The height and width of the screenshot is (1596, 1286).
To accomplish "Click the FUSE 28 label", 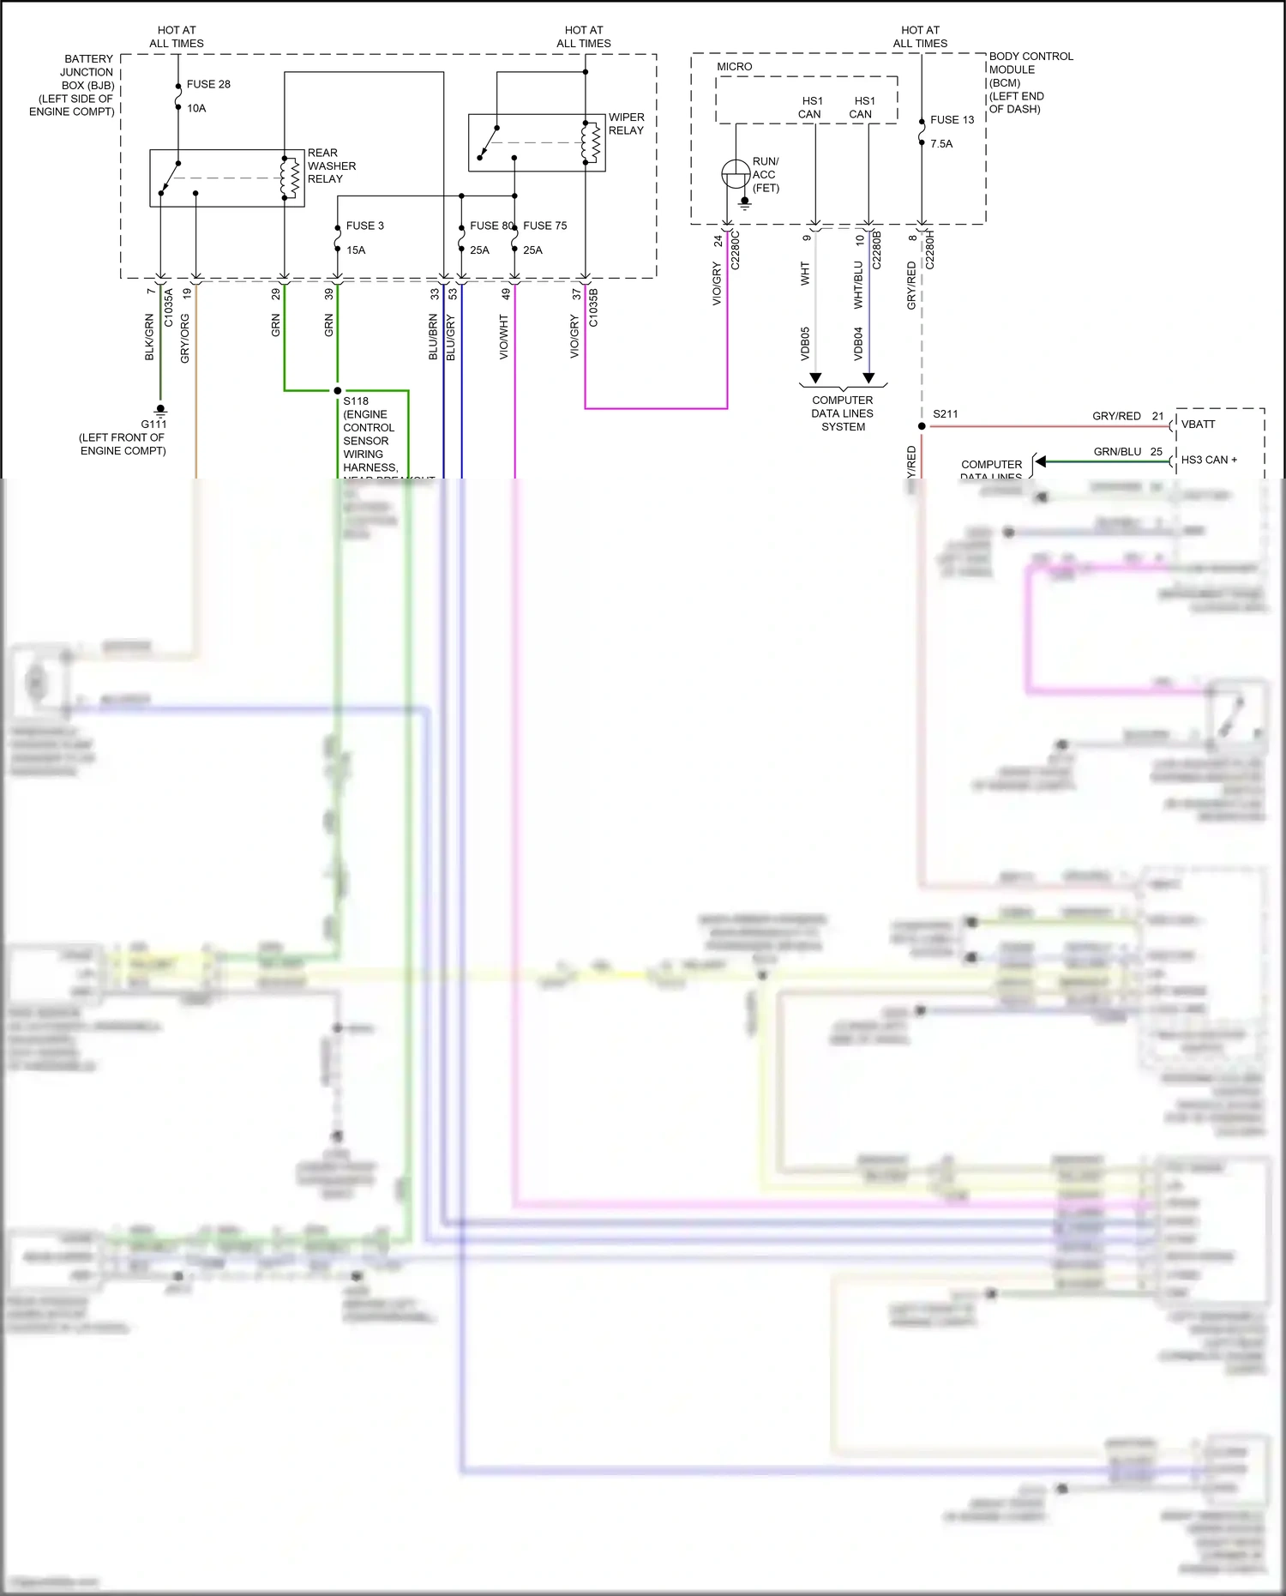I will [208, 84].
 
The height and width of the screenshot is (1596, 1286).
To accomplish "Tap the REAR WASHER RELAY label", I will [331, 166].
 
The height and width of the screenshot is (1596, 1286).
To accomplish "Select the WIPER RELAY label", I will [626, 123].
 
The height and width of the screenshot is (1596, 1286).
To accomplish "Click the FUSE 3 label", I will [364, 226].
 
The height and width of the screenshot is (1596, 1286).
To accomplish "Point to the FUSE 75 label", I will [545, 226].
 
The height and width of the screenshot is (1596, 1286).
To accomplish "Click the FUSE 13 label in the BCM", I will [952, 120].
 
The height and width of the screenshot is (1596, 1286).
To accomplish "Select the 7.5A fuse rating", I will [941, 144].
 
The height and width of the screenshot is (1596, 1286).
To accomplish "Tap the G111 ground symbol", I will [159, 410].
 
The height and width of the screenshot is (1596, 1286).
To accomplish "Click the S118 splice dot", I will [337, 390].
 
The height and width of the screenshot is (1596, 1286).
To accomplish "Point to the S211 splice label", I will [945, 414].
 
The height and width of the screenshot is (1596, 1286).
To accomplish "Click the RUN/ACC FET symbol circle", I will [735, 174].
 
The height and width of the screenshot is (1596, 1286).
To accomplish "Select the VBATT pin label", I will [1198, 425].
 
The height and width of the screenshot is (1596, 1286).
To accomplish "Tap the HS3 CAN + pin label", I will [1209, 460].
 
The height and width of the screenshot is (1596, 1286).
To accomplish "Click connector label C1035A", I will [169, 307].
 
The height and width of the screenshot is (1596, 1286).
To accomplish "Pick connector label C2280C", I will [735, 250].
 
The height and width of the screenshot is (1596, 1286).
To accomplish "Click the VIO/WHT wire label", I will [504, 336].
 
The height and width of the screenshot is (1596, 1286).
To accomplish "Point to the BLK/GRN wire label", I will [149, 336].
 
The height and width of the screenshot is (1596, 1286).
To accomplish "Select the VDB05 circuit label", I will [805, 343].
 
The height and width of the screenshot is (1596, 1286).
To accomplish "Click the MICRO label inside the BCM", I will [735, 67].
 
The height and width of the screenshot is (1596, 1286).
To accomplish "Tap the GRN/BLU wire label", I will [1117, 452].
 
